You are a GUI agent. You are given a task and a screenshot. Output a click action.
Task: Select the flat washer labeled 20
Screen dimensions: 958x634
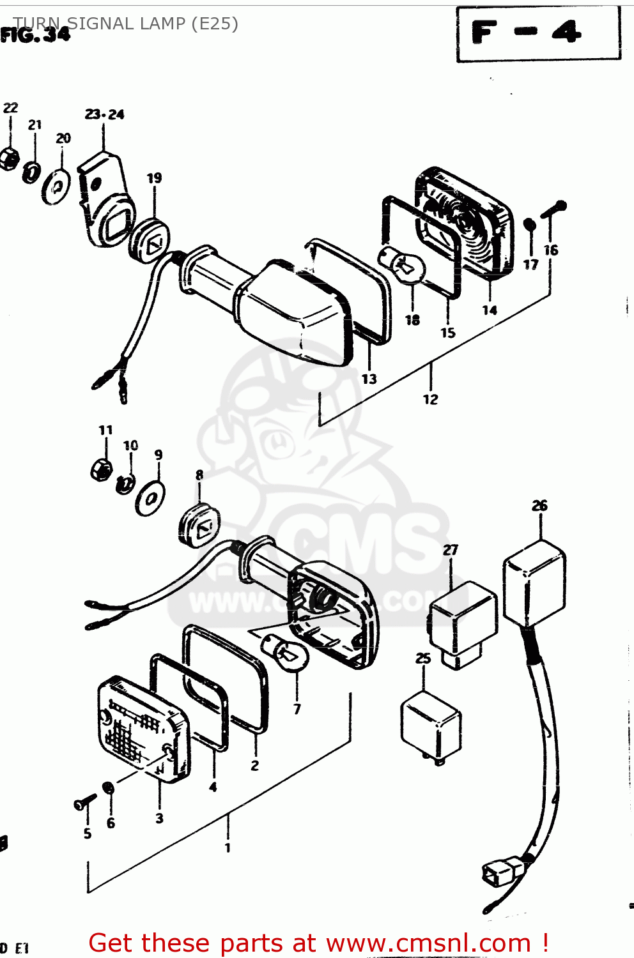click(57, 186)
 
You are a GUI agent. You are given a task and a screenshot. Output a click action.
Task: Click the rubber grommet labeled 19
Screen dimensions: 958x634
click(150, 241)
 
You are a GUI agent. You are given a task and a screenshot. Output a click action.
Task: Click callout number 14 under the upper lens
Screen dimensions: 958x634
click(490, 310)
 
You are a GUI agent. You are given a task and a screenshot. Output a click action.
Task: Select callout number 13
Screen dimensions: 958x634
click(369, 379)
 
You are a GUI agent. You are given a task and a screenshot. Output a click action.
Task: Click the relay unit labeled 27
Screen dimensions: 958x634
click(462, 623)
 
